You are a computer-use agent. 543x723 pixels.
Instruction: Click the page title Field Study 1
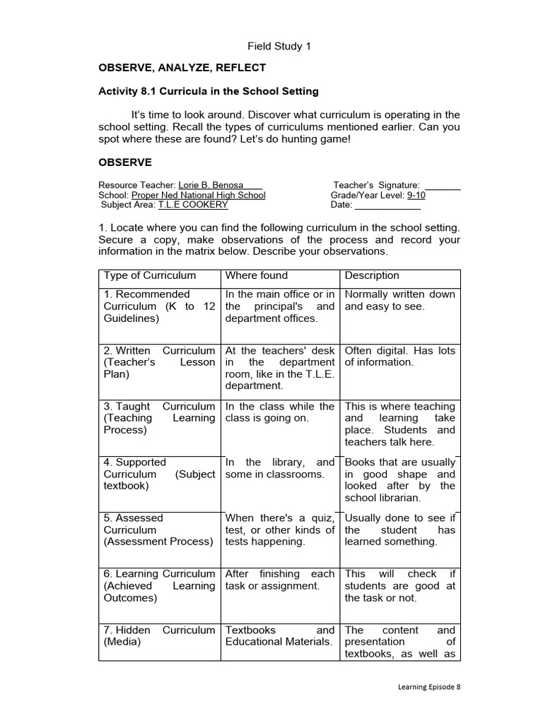coord(279,47)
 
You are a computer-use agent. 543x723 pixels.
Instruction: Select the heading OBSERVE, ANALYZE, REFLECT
coord(182,68)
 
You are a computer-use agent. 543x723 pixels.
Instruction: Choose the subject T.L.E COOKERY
coord(193,205)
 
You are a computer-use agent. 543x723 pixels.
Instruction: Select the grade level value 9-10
coord(416,196)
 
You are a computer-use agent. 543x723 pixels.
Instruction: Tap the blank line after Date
coord(387,205)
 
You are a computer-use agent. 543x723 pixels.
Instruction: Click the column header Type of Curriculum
coord(150,275)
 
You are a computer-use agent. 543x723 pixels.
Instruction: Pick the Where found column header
coord(257,275)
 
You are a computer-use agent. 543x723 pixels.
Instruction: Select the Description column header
coord(372,275)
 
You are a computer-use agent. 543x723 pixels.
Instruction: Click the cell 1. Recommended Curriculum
coord(159,306)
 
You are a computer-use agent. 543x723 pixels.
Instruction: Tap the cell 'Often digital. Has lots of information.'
coord(399,357)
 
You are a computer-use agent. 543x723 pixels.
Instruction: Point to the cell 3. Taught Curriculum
coord(159,418)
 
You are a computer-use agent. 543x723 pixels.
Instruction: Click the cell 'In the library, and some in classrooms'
coord(279,468)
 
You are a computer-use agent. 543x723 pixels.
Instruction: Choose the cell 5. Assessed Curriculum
coord(159,530)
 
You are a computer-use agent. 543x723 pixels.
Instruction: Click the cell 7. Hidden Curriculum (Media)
coord(159,635)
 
